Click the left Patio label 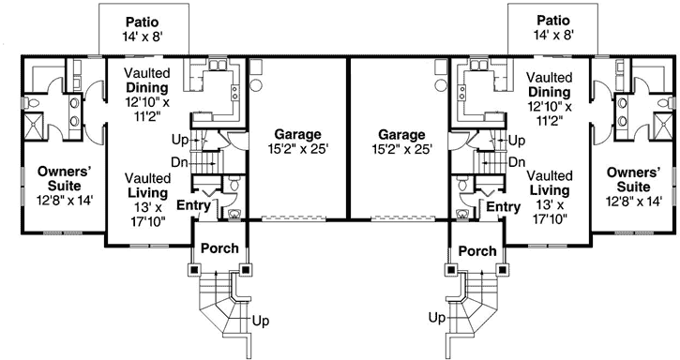[x=144, y=21]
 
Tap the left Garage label [x=298, y=134]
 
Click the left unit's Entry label [x=192, y=205]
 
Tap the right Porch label [x=478, y=250]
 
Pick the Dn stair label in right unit [x=517, y=162]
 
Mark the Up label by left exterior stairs [x=263, y=320]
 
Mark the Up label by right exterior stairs [x=436, y=319]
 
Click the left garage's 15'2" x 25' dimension [x=298, y=148]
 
